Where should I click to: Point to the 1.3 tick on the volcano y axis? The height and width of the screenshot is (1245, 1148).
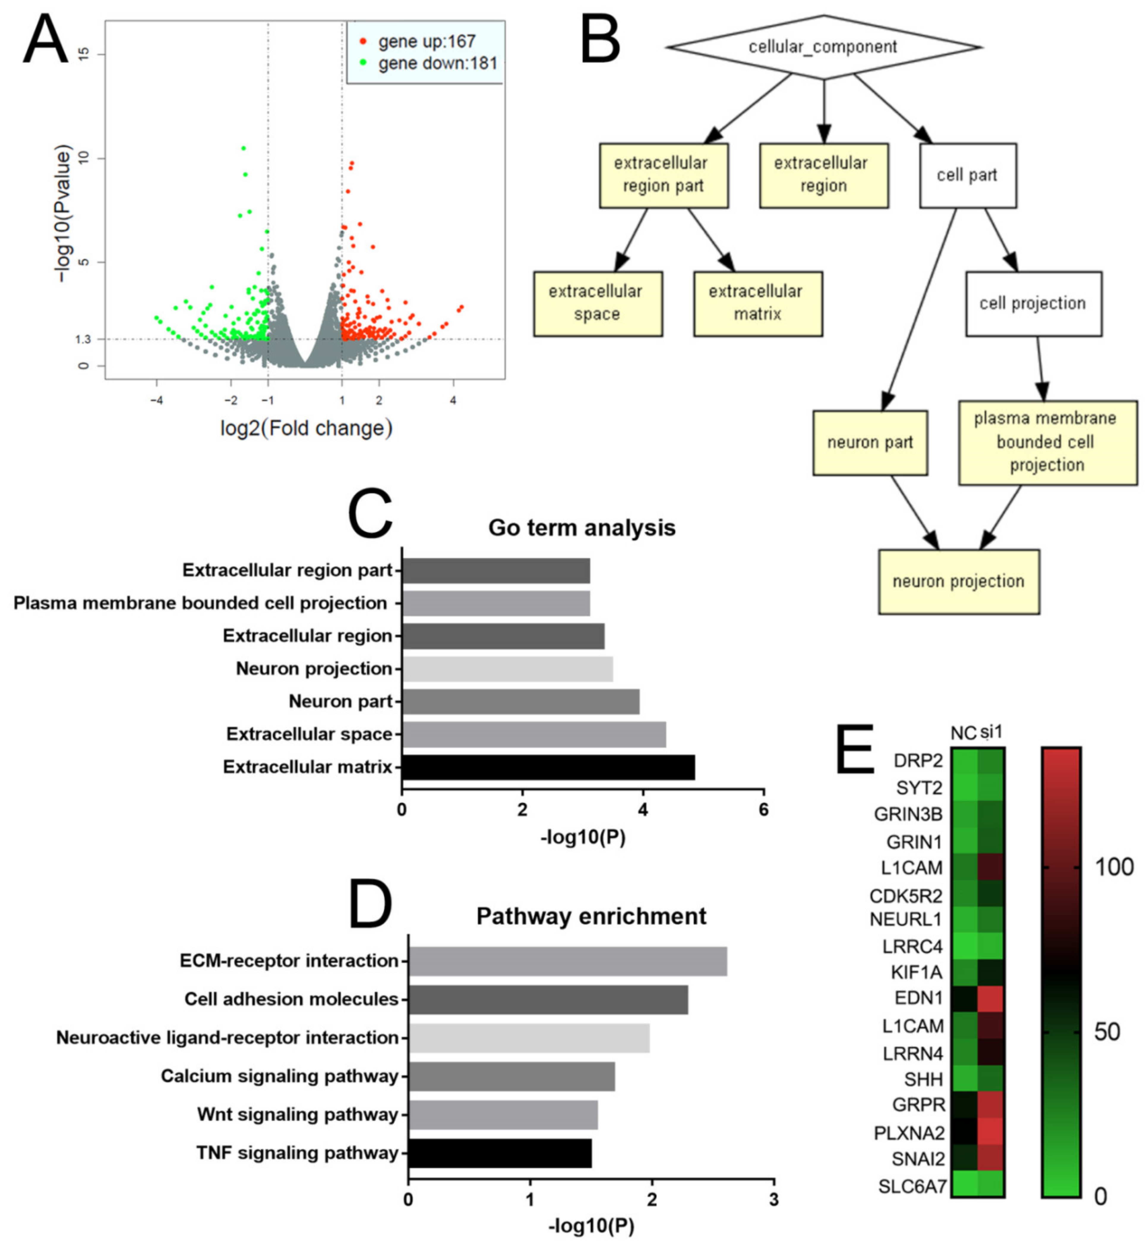83,339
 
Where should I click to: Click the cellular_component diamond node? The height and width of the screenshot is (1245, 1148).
823,47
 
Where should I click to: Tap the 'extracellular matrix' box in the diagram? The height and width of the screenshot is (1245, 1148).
757,303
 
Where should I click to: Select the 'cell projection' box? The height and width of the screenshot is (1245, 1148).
1032,303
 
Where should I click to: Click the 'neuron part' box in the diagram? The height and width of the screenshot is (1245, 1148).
870,442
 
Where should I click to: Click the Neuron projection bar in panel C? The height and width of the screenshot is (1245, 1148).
507,668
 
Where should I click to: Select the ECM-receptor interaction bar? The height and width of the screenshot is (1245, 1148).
567,961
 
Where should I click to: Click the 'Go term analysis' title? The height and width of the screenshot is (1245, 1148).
582,528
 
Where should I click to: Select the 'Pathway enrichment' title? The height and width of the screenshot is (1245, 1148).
591,916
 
